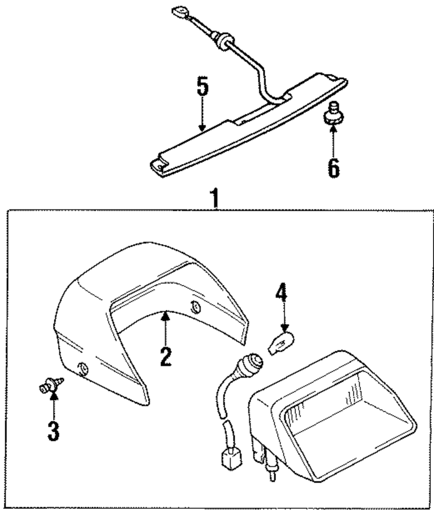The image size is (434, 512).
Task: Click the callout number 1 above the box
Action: pyautogui.click(x=214, y=199)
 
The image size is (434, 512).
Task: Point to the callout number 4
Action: pyautogui.click(x=281, y=294)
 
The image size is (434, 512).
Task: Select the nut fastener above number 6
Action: pyautogui.click(x=333, y=113)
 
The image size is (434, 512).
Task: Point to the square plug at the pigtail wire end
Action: pyautogui.click(x=230, y=459)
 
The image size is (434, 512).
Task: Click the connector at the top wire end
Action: pyautogui.click(x=178, y=12)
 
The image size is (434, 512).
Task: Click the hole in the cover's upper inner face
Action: pyautogui.click(x=195, y=307)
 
